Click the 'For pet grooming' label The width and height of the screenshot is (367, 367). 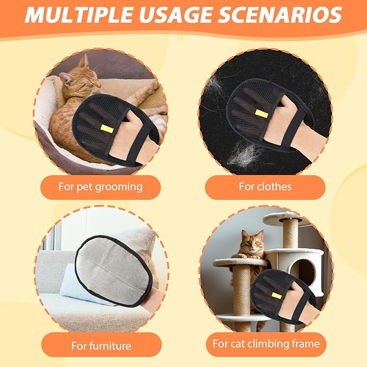point(101,187)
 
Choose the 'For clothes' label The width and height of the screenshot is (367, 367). point(265,187)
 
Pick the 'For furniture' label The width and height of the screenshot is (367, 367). point(101,344)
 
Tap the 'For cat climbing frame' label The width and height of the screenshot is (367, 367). point(265,344)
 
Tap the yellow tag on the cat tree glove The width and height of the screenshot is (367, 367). point(276,295)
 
